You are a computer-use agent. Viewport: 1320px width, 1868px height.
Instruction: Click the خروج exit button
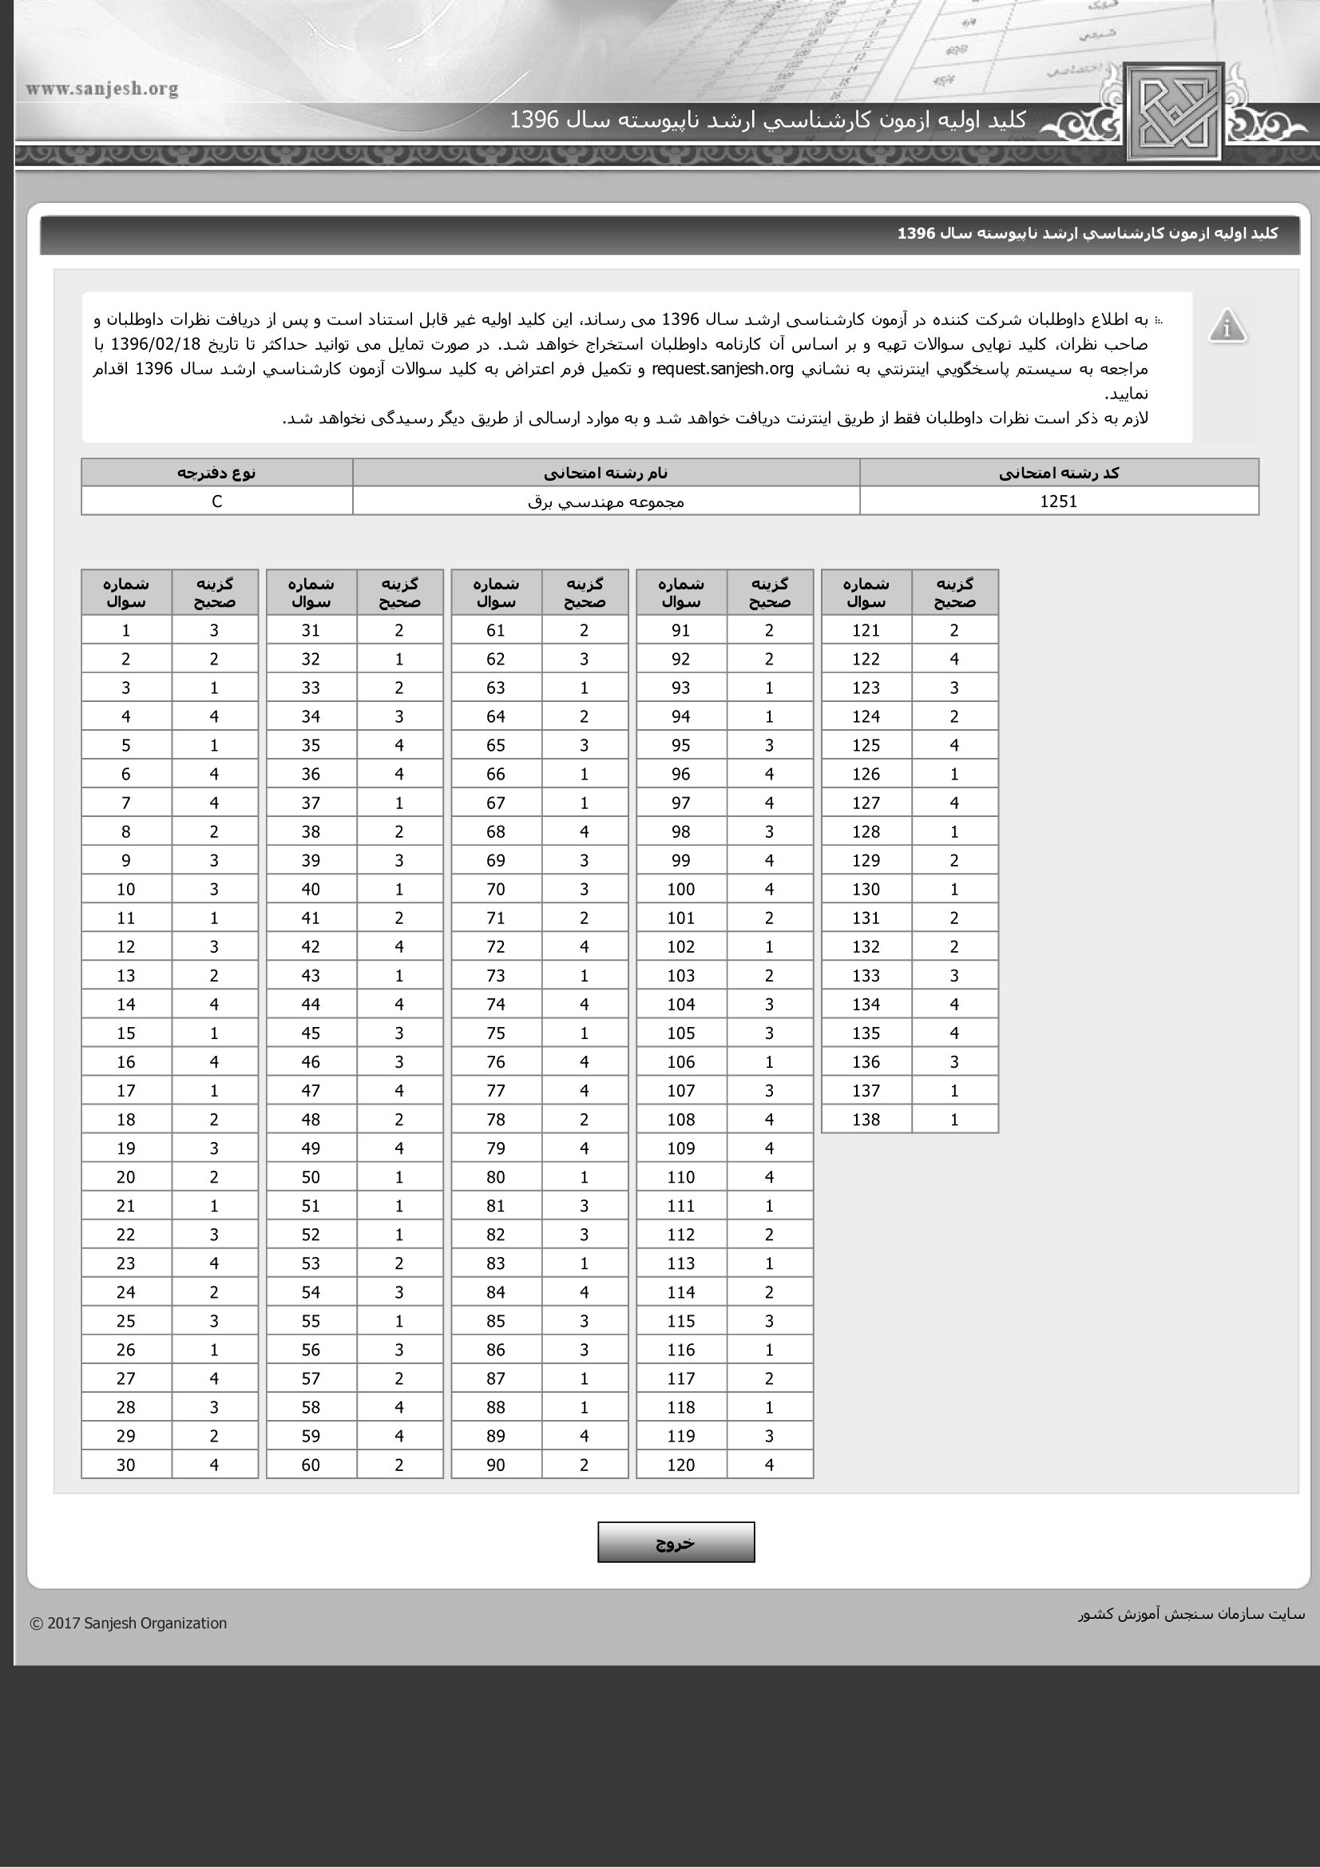pos(676,1541)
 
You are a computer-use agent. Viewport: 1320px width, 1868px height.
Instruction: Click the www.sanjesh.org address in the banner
pos(101,89)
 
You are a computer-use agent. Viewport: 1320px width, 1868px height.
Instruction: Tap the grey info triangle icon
pos(1227,327)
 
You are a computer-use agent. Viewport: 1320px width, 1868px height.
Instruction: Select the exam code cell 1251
pos(1058,502)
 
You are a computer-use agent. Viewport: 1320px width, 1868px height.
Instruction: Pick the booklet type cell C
pos(216,502)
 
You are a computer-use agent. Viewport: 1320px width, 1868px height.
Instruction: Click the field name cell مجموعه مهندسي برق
pos(606,502)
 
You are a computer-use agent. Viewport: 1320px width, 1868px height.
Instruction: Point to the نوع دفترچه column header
pos(216,473)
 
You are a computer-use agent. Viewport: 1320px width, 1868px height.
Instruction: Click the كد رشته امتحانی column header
pos(1058,473)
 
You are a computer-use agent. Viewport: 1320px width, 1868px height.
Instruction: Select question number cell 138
pos(866,1120)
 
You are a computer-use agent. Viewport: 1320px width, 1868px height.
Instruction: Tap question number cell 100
pos(680,889)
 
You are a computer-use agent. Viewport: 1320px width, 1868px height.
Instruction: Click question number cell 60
pos(311,1465)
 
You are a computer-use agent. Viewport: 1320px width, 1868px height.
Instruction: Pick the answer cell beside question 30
pos(214,1465)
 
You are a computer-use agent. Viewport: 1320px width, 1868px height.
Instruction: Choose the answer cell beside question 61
pos(584,629)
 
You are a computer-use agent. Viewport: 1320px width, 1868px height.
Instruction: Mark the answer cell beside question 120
pos(769,1465)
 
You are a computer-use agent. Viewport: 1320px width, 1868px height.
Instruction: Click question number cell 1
pos(126,629)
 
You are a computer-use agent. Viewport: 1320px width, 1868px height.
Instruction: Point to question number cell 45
pos(311,1033)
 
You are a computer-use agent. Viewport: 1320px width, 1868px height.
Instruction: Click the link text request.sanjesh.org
pos(722,368)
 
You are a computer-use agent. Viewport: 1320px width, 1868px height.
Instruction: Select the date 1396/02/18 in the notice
pos(156,343)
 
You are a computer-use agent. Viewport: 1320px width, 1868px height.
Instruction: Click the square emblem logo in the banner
pos(1175,112)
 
